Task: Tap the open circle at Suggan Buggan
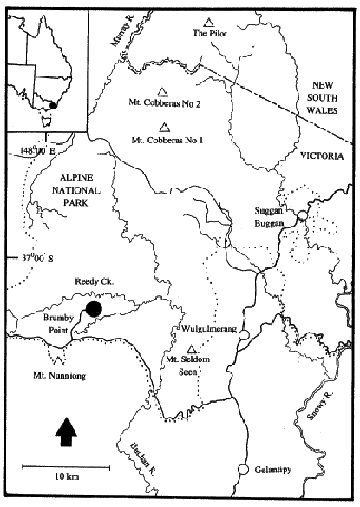[x=301, y=216]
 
